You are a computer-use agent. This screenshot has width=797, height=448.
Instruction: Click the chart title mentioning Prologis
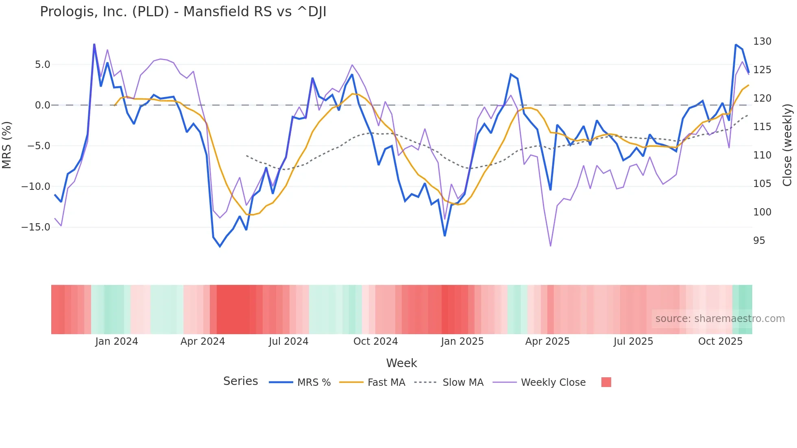click(x=183, y=12)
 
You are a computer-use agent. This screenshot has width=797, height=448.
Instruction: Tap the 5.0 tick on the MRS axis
click(x=42, y=65)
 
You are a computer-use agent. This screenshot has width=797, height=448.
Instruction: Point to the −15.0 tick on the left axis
click(x=36, y=227)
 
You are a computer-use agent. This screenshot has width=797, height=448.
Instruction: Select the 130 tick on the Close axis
click(x=762, y=41)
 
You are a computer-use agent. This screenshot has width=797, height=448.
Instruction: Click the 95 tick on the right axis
click(x=759, y=241)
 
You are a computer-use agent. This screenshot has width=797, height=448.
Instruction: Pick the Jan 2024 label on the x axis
click(x=117, y=341)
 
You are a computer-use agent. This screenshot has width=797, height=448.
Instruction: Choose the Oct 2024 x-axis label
click(x=375, y=341)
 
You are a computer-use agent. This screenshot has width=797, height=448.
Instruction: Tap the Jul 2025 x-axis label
click(x=633, y=341)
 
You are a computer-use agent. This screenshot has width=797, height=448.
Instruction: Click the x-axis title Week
click(x=401, y=363)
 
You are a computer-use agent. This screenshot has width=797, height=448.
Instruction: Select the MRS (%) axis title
click(x=7, y=145)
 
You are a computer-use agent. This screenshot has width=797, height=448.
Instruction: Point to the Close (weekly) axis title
click(x=788, y=145)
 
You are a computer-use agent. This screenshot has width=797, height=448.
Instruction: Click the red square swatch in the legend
click(x=606, y=382)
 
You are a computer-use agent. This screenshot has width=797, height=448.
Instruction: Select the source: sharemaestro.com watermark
click(x=720, y=319)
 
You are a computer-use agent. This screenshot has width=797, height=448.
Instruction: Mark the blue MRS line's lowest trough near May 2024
click(x=220, y=246)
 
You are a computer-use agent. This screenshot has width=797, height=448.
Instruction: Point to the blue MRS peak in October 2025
click(x=736, y=45)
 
